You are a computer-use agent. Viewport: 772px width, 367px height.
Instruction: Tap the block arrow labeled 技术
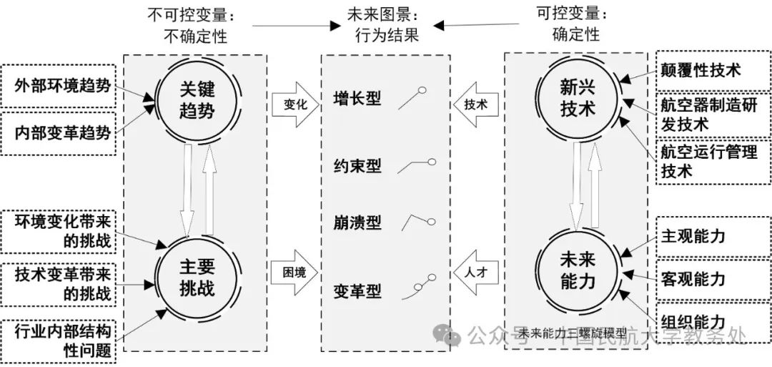tap(474, 104)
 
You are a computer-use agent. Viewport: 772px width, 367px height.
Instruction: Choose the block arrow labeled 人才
tap(474, 272)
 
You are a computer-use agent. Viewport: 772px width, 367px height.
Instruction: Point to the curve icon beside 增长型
tap(412, 99)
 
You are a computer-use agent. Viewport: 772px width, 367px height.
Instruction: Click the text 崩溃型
tap(357, 222)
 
